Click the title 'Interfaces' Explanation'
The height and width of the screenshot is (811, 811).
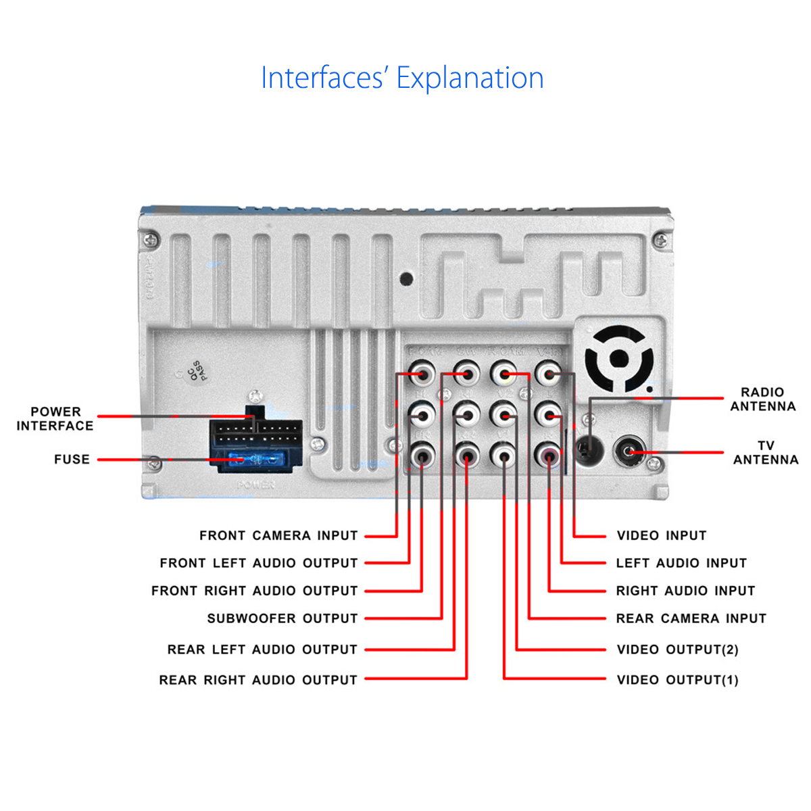[x=402, y=78]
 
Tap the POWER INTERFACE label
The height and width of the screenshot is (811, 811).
[x=55, y=419]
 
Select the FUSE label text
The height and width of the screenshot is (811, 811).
[x=72, y=460]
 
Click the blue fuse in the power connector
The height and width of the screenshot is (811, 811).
[x=255, y=461]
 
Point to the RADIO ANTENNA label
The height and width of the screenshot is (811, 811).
[x=763, y=399]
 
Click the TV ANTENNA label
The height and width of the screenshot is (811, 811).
[x=766, y=453]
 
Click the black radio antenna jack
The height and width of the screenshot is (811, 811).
[x=589, y=447]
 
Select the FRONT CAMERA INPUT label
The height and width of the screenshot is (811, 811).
[x=278, y=536]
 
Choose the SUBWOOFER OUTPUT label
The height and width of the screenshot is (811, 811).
[x=282, y=618]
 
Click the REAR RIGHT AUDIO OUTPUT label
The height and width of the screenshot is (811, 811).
[x=258, y=680]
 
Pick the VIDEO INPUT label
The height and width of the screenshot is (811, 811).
[x=662, y=536]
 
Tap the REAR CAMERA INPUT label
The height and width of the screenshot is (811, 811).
[x=691, y=618]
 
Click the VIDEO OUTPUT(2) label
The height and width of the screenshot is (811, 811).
[x=677, y=649]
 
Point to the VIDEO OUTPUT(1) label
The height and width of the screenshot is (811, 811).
[x=677, y=680]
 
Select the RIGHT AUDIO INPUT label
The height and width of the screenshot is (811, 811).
[x=685, y=591]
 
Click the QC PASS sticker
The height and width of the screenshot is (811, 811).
[x=195, y=372]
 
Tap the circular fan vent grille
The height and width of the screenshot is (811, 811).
[x=619, y=360]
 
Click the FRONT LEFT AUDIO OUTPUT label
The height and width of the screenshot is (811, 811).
[x=259, y=563]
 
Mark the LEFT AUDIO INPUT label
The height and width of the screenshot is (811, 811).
[x=681, y=563]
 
